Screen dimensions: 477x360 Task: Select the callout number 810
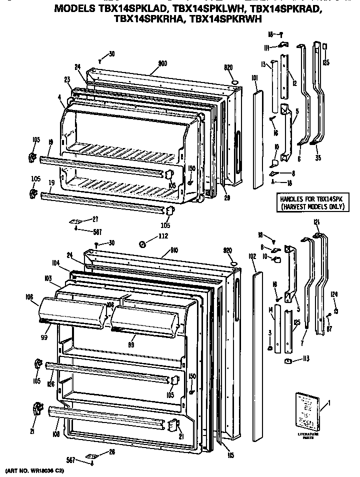tap(174, 249)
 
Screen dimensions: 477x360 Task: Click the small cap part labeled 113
tap(288, 361)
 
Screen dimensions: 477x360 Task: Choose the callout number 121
tap(316, 222)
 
